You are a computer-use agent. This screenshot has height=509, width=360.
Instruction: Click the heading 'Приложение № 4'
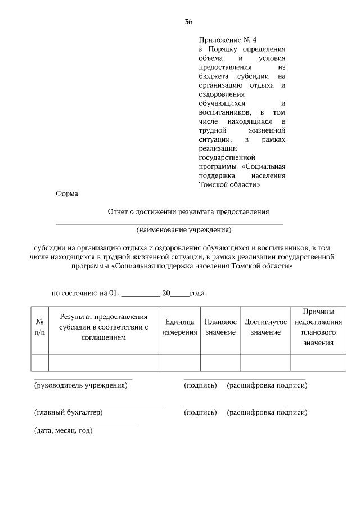click(227, 40)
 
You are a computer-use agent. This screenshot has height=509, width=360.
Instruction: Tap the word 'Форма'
click(67, 194)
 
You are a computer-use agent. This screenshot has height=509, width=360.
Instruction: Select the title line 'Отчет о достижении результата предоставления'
click(188, 212)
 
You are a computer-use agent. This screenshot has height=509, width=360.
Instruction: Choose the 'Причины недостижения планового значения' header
click(318, 327)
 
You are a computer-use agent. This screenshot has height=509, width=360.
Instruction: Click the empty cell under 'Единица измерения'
click(179, 363)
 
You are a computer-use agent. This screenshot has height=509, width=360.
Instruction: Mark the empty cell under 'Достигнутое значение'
click(265, 363)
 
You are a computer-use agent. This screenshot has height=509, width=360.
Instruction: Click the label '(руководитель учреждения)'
click(81, 385)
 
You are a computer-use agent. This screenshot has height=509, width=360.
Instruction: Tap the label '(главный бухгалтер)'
click(69, 412)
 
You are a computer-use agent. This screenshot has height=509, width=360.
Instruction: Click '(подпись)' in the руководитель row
click(200, 385)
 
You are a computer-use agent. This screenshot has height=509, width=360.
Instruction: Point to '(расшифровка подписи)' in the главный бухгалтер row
click(267, 412)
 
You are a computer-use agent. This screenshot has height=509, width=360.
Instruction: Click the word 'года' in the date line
click(197, 293)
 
